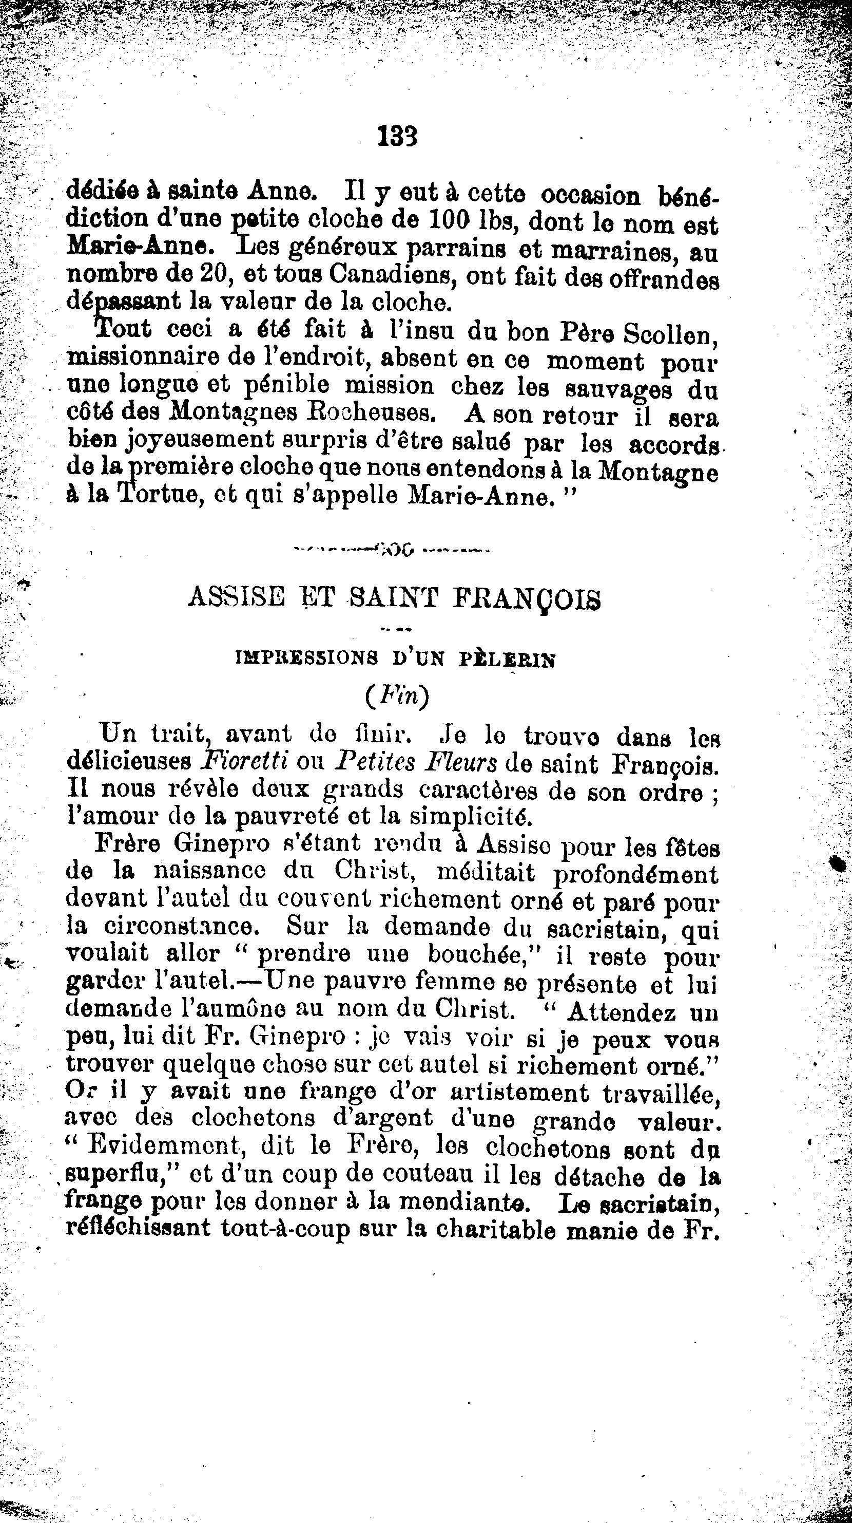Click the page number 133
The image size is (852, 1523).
(x=397, y=137)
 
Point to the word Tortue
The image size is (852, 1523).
(x=160, y=496)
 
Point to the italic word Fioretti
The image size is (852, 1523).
(x=244, y=762)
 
